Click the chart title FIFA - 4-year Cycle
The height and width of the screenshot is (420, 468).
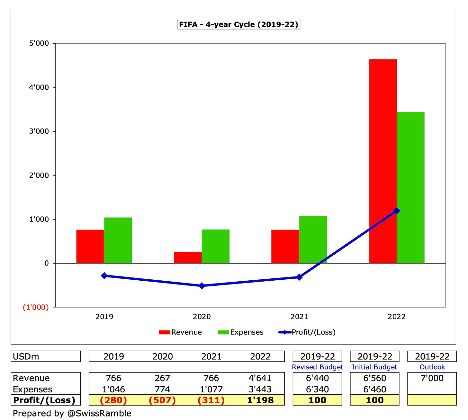point(238,24)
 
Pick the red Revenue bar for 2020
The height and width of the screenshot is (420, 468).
point(188,258)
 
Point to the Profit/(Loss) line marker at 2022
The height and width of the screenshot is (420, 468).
point(397,211)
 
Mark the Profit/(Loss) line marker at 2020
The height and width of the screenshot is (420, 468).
point(202,285)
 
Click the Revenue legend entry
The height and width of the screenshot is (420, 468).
point(180,332)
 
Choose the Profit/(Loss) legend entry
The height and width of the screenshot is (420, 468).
point(307,332)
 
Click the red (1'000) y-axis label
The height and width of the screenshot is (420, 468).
point(36,307)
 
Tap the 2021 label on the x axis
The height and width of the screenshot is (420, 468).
point(299,317)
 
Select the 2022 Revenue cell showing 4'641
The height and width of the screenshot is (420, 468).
point(260,378)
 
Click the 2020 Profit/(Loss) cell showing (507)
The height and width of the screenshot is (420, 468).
point(162,400)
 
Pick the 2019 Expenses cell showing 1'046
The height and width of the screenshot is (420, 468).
point(113,389)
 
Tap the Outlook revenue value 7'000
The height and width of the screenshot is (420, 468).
point(432,378)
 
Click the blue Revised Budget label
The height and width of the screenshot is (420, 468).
point(317,367)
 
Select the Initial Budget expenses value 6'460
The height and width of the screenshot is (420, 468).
point(374,389)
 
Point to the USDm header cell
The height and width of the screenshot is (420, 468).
point(46,356)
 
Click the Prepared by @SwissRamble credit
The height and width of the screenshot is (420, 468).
point(72,413)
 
